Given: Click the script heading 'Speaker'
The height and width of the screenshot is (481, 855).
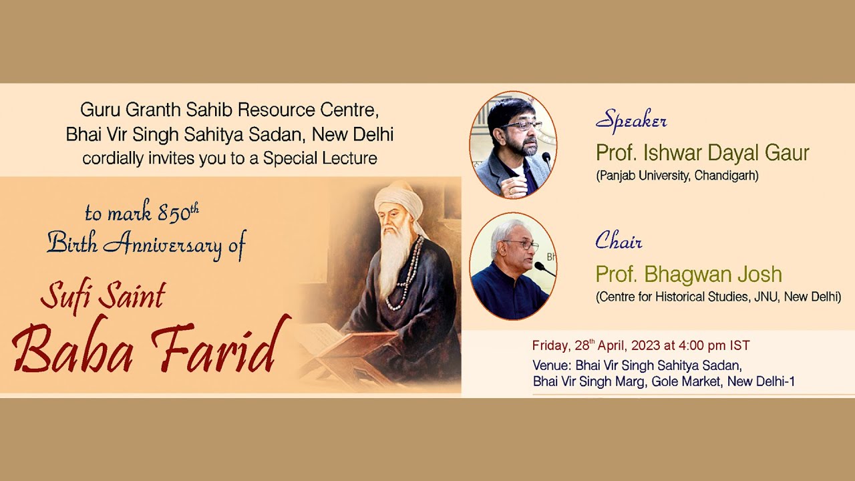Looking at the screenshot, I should (x=631, y=121).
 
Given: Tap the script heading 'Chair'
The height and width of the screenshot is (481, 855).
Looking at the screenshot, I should (x=619, y=240).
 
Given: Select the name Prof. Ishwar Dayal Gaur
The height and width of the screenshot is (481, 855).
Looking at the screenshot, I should (x=703, y=153).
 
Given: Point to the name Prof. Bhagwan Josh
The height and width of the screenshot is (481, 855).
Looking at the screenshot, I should (x=689, y=274).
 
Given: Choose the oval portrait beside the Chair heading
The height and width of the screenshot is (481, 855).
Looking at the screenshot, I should (x=513, y=267).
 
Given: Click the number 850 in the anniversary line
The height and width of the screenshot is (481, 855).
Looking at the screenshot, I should (x=174, y=214).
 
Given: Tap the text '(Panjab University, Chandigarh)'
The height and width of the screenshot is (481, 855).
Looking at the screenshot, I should (x=677, y=176).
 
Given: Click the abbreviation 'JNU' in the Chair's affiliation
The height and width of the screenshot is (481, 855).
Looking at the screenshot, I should (x=760, y=297).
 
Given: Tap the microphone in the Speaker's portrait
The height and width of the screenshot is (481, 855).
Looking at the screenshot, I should (x=546, y=158).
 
